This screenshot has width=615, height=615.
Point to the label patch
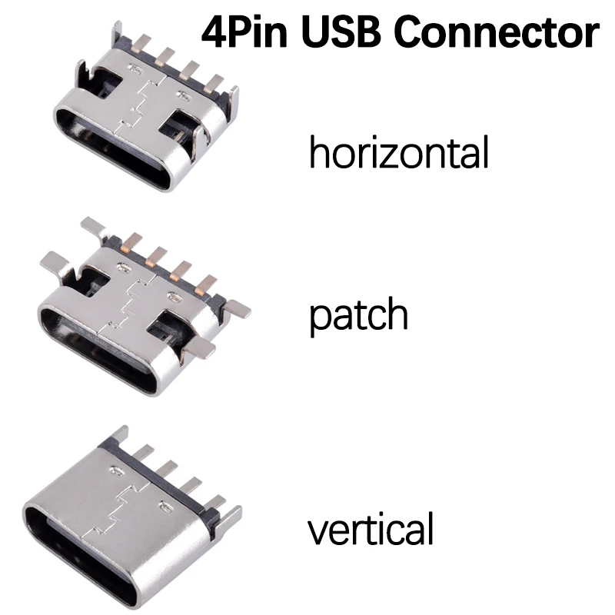click(358, 315)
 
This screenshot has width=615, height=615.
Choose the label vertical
click(371, 530)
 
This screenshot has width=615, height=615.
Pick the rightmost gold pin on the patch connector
click(204, 284)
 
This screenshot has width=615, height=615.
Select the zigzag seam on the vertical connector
click(117, 507)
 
